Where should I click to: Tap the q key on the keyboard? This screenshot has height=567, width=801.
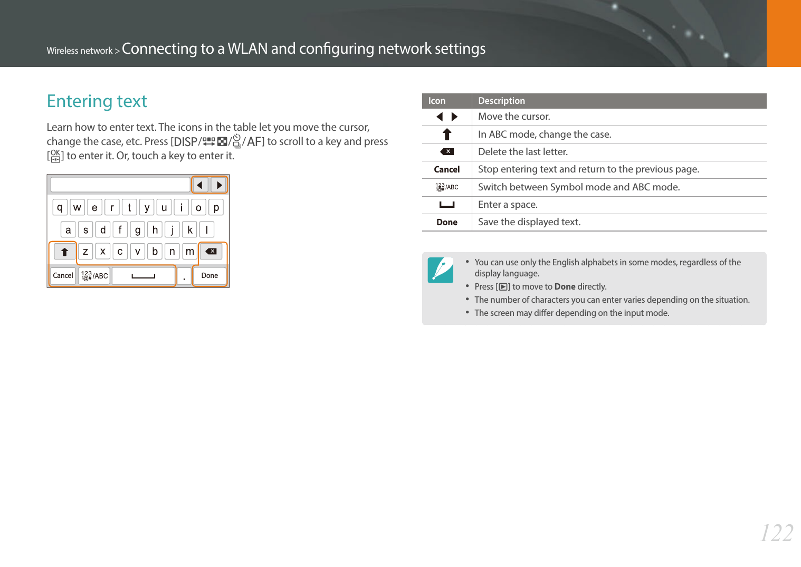point(60,207)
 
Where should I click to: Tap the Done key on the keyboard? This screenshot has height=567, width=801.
point(209,276)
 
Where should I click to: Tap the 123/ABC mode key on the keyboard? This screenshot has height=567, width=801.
point(94,276)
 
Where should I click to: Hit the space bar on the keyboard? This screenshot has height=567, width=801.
point(144,276)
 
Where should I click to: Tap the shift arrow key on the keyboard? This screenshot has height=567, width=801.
point(64,252)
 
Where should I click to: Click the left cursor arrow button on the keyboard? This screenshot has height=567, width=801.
point(199,185)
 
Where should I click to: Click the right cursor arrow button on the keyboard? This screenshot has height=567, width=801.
point(219,185)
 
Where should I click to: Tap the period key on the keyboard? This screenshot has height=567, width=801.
point(184,276)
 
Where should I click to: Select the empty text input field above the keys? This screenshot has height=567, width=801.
point(120,185)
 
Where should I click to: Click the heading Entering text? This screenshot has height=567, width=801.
point(97,101)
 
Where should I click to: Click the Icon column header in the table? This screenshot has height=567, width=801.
point(437,101)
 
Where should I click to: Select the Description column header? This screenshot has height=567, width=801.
point(501,101)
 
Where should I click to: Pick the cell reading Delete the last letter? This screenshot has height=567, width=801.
point(523,152)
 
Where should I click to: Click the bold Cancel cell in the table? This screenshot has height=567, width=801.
point(446,169)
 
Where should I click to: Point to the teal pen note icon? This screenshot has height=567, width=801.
point(440,270)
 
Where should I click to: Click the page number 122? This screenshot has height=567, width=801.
point(776,533)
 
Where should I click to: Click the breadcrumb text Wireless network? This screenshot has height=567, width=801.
point(80,51)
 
